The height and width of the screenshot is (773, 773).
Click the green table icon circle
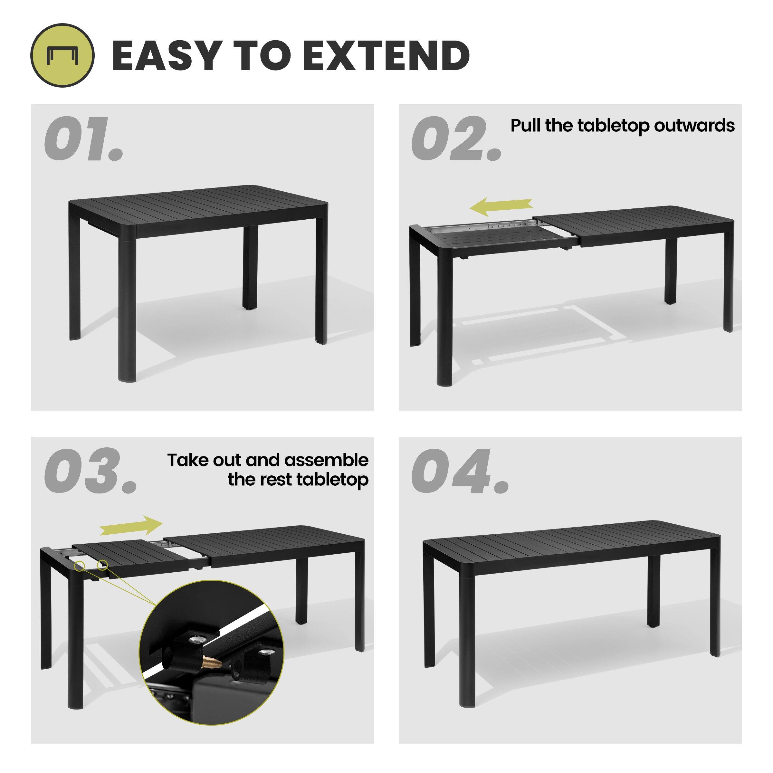62,55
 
